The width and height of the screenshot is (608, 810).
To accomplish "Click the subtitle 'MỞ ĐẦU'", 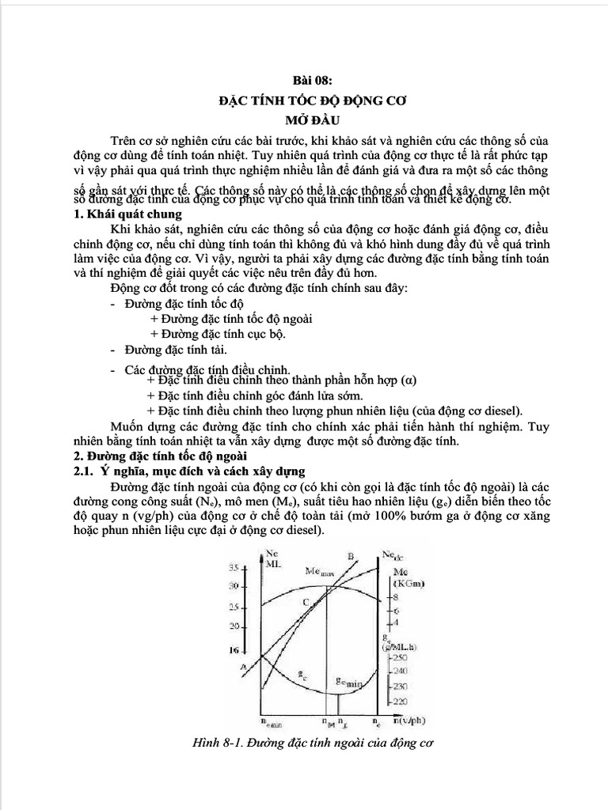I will [304, 120].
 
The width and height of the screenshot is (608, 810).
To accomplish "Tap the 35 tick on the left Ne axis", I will [233, 566].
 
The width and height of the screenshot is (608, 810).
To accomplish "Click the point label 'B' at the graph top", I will [349, 555].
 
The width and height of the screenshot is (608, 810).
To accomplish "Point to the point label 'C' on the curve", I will [306, 603].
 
